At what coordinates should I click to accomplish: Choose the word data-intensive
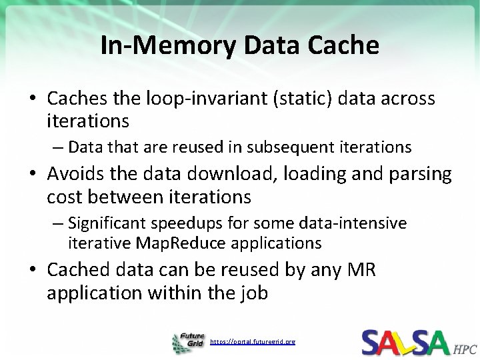pyautogui.click(x=359, y=222)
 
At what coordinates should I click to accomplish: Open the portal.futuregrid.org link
pyautogui.click(x=253, y=342)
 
